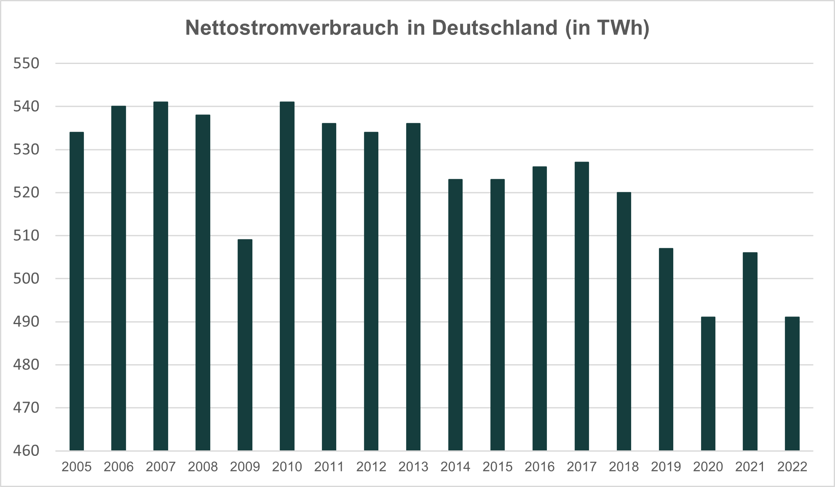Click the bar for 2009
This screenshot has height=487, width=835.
245,345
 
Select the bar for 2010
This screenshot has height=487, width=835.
287,276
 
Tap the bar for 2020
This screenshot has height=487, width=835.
708,383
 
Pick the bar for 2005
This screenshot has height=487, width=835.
77,291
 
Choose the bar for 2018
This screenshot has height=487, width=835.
624,321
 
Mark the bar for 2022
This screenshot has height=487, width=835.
792,383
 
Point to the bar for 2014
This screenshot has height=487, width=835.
455,315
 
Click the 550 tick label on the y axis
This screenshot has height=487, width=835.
26,64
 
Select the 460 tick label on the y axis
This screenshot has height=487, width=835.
26,451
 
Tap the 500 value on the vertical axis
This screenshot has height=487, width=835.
26,279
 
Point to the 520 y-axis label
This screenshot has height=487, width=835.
26,193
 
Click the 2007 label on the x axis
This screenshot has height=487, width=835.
161,467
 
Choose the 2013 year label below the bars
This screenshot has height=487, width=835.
413,467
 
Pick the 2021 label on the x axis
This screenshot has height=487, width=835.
750,467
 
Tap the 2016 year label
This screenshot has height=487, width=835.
540,467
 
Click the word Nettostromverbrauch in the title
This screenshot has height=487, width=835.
292,28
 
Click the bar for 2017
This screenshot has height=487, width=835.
582,306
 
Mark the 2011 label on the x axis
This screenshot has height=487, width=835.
329,467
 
